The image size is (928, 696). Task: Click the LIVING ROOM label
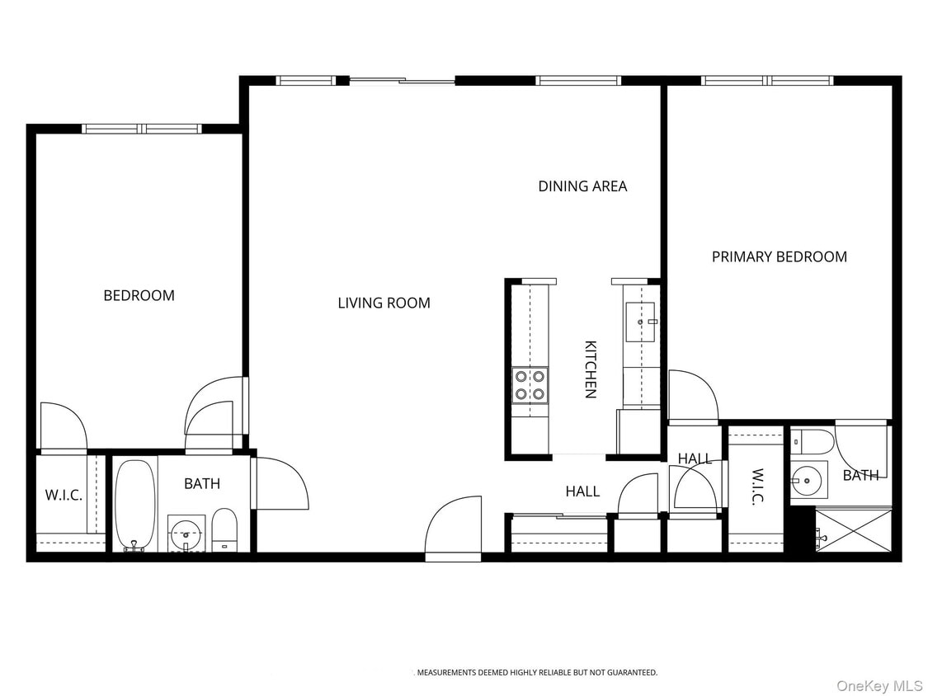click(x=384, y=303)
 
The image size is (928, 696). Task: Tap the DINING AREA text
click(x=582, y=186)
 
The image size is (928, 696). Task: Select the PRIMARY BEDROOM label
click(x=779, y=256)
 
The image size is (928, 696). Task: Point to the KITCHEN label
click(x=591, y=369)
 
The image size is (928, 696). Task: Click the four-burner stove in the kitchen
click(x=530, y=384)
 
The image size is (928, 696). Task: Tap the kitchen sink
click(x=641, y=321)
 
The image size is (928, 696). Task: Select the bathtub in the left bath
click(x=135, y=504)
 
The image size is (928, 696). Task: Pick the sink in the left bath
click(x=186, y=532)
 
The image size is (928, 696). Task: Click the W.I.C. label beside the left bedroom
click(x=64, y=496)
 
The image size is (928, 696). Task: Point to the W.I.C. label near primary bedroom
click(x=757, y=487)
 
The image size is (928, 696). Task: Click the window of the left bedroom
click(x=142, y=129)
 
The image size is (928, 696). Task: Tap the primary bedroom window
click(x=767, y=80)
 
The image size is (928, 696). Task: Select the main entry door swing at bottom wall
click(x=453, y=528)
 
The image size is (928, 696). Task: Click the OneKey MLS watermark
click(x=879, y=685)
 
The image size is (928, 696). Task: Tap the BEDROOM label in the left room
click(x=139, y=295)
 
